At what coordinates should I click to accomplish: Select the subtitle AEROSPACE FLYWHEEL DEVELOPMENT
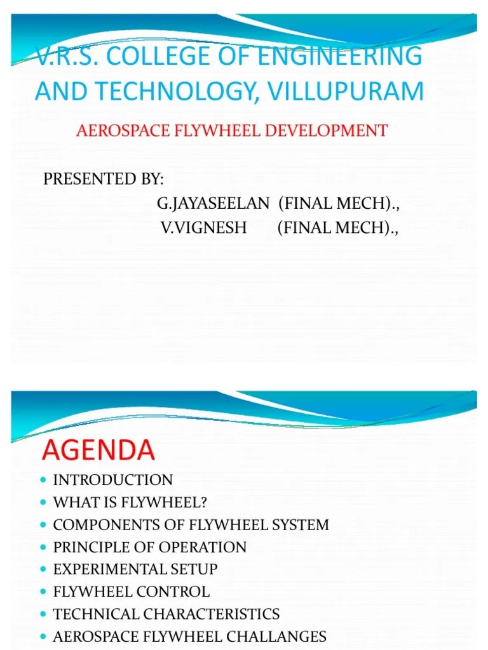coord(231,131)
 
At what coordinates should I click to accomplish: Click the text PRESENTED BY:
coord(104,179)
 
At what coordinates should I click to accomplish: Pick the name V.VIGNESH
coord(204,227)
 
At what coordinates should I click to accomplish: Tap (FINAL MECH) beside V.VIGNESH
coord(337,227)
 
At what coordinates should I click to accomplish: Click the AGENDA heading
coord(98,450)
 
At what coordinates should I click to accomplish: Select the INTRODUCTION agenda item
coord(112,480)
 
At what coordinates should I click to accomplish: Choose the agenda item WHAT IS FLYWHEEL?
coord(130,503)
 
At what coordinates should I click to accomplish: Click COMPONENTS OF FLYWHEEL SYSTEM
coord(191,525)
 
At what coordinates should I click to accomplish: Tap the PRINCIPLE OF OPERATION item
coord(149,547)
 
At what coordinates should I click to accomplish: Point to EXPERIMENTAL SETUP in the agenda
coord(135,569)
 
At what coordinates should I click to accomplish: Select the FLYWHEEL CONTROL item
coord(131,592)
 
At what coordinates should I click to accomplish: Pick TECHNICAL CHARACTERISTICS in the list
coord(166,614)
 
